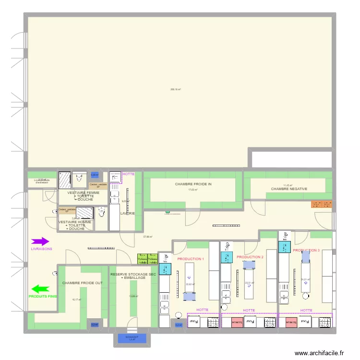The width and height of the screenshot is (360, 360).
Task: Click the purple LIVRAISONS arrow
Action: [x=40, y=242]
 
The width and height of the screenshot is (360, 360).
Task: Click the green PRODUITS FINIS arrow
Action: [x=41, y=289]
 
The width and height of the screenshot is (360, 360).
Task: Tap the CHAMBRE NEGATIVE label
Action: [x=289, y=189]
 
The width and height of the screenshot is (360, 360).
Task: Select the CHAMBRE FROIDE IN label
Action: [x=193, y=184]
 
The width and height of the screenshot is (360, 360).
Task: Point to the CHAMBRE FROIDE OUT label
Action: [x=82, y=283]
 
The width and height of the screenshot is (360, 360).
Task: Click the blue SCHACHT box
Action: [x=132, y=338]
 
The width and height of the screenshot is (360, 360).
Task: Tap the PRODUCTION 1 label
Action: [x=191, y=259]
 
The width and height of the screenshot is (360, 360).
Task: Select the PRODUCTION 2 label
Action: [x=250, y=257]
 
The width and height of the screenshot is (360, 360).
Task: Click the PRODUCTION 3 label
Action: [x=306, y=251]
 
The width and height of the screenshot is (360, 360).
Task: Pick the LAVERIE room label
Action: [x=128, y=213]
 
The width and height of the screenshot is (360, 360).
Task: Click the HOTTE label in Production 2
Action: [x=249, y=311]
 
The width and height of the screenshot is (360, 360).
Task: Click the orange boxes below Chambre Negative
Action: [x=322, y=204]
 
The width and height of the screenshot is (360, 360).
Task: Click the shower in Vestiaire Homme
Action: [x=85, y=213]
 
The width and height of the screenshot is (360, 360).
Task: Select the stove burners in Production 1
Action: [x=212, y=323]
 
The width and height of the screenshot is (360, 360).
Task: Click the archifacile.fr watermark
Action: [x=320, y=353]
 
